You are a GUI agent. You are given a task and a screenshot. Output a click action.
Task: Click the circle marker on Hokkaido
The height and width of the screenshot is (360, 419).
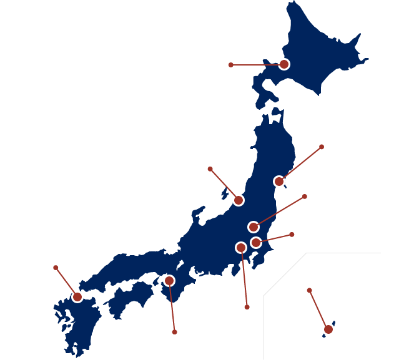click(284, 64)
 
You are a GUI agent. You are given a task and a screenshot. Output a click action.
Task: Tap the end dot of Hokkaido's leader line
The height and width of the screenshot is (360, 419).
click(230, 65)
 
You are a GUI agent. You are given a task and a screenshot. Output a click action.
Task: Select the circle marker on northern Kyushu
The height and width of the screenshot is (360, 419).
click(77, 297)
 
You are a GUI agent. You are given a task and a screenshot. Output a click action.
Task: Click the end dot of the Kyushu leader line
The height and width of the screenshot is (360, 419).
click(56, 268)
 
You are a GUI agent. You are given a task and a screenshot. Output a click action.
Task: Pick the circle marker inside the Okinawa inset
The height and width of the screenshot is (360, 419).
click(328, 329)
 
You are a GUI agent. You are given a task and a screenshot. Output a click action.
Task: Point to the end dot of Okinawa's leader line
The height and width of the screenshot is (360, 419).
click(309, 290)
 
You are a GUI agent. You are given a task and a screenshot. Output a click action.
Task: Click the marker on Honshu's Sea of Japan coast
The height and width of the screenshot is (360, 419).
click(238, 200)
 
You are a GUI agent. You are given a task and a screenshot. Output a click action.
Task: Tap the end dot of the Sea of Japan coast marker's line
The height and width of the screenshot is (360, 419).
click(210, 169)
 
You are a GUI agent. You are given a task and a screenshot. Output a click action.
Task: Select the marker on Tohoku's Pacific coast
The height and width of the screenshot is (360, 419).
click(279, 182)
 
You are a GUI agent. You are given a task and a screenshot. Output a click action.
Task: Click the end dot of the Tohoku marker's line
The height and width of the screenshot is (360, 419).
click(322, 147)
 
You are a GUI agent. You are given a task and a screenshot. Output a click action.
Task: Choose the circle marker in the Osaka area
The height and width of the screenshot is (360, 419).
click(169, 281)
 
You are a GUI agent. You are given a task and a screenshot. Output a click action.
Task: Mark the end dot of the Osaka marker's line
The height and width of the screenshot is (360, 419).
click(174, 332)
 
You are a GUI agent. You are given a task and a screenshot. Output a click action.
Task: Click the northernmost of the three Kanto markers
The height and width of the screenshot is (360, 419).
click(254, 227)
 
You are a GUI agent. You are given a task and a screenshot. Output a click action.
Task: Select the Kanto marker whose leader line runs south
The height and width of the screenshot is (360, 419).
click(241, 248)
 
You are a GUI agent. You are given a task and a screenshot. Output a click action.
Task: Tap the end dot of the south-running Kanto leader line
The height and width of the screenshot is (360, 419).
click(247, 307)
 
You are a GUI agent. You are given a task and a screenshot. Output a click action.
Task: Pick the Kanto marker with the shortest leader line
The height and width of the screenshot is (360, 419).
click(256, 242)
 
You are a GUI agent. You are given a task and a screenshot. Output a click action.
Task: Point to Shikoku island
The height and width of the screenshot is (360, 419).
click(131, 296)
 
